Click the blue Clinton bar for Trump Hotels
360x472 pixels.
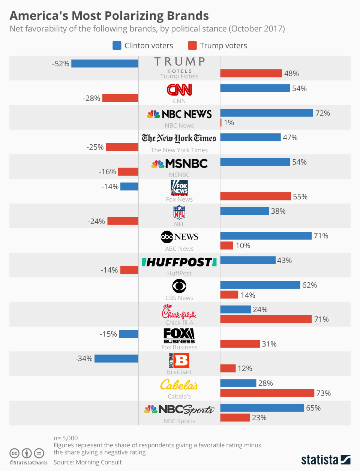tap(105, 64)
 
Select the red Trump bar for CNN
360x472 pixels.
tap(120, 98)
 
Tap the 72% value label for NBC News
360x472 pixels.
tap(322, 113)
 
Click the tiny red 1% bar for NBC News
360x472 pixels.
tap(221, 123)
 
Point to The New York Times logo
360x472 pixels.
tap(179, 138)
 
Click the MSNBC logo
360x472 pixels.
tap(179, 163)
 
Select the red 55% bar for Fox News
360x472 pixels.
tap(255, 196)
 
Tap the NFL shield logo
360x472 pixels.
tap(179, 212)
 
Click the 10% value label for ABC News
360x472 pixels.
tap(243, 246)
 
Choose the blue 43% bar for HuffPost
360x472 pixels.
tap(248, 260)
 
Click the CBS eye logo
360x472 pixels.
tap(179, 286)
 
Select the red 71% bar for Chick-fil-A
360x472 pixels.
tap(266, 319)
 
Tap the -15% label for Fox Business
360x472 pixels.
tap(108, 334)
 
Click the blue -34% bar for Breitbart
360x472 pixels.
tap(116, 359)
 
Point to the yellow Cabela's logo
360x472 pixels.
tap(179, 385)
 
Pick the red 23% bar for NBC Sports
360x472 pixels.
tap(235, 418)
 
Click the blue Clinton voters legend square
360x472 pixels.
tap(117, 46)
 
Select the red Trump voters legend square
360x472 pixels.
tap(192, 46)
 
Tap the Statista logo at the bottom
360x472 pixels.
tap(325, 459)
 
